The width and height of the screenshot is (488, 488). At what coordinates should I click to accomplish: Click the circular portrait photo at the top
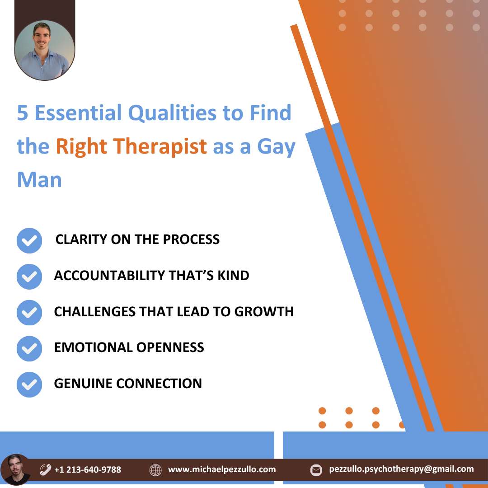click(x=44, y=50)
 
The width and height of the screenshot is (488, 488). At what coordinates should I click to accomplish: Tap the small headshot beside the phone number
click(x=15, y=469)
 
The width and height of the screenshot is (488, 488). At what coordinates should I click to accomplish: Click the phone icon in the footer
click(x=45, y=469)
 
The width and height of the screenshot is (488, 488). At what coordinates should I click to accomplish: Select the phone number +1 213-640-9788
click(x=88, y=469)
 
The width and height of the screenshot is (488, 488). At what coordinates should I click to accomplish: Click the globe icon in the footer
click(x=155, y=470)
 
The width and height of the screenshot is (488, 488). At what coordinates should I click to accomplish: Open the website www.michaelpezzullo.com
click(x=222, y=469)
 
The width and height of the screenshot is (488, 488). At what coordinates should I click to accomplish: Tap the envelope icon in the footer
click(x=316, y=470)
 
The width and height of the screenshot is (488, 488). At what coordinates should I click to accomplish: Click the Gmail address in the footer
click(x=402, y=469)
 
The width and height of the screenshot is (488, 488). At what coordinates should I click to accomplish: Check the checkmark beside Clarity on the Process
click(x=29, y=240)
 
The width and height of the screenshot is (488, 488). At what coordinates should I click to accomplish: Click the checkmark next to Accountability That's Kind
click(x=29, y=277)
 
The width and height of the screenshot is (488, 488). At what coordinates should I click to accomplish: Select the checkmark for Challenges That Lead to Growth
click(x=29, y=313)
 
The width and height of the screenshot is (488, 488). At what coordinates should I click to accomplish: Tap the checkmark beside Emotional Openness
click(x=29, y=348)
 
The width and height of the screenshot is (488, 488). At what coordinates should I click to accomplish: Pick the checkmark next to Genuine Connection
click(x=29, y=385)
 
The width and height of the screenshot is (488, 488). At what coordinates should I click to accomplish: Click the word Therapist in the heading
click(x=160, y=146)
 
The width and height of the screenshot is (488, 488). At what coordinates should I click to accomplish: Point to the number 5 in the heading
click(x=23, y=113)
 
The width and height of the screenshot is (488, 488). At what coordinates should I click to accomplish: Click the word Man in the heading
click(x=39, y=180)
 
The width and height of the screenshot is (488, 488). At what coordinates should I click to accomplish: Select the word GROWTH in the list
click(x=264, y=311)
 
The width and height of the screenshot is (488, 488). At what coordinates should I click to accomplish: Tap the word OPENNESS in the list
click(x=170, y=347)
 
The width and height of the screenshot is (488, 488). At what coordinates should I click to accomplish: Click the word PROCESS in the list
click(x=192, y=239)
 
